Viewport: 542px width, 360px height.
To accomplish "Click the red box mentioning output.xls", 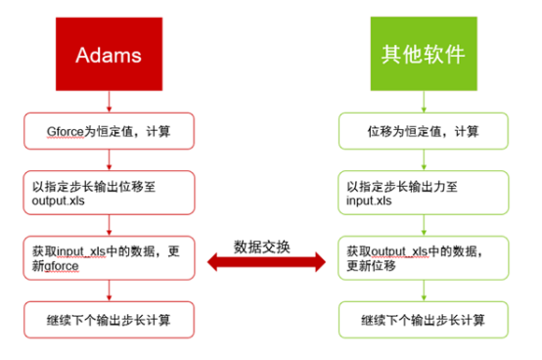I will [x=109, y=191].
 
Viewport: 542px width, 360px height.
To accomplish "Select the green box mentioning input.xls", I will [x=424, y=191].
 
